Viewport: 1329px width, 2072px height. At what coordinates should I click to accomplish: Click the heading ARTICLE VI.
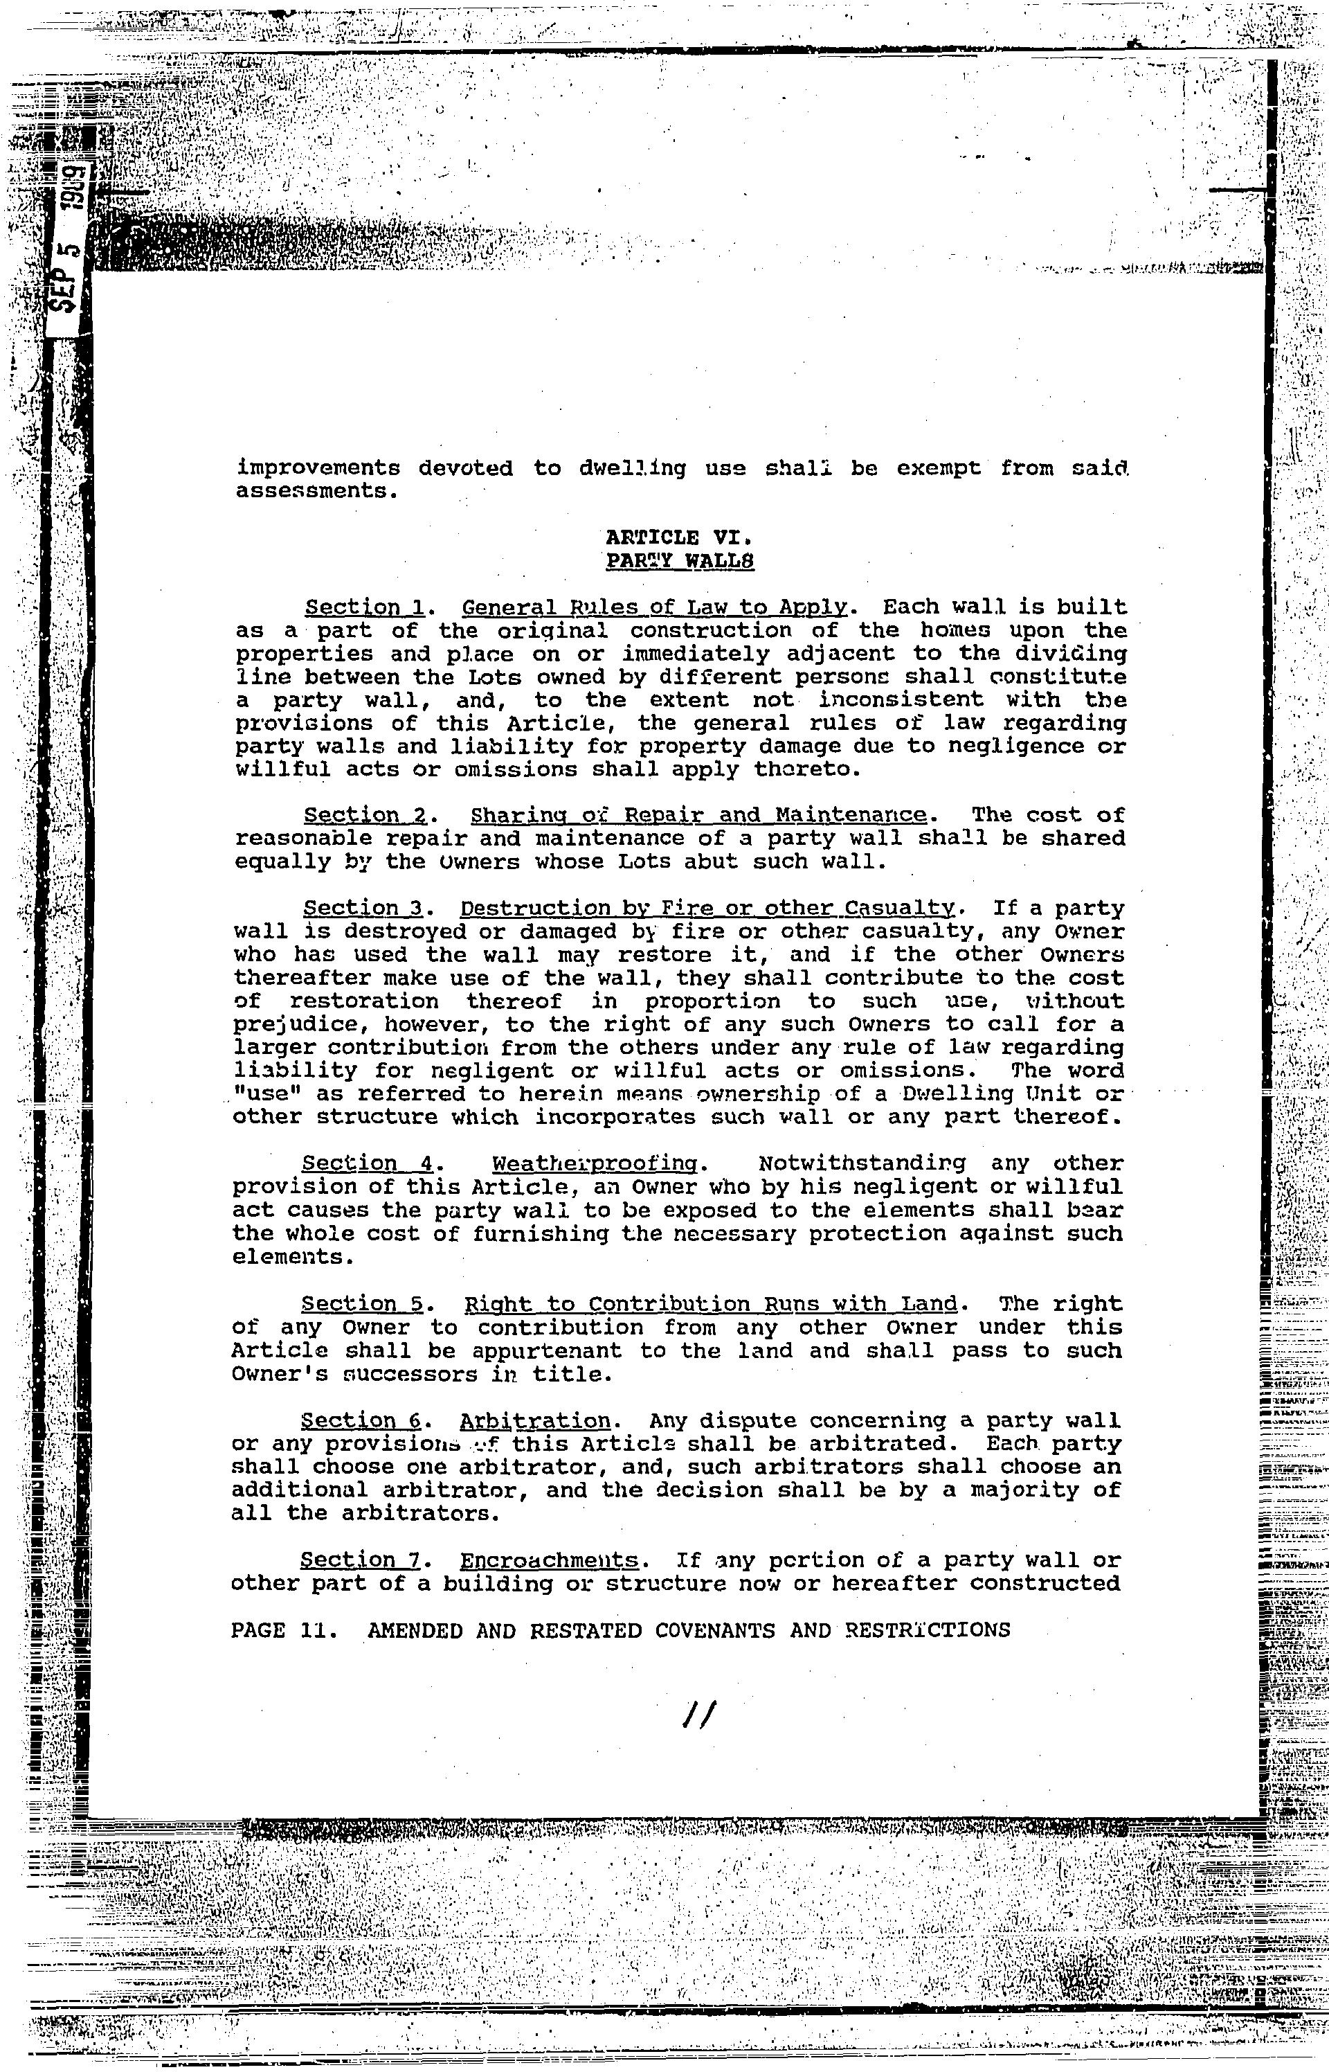click(x=681, y=537)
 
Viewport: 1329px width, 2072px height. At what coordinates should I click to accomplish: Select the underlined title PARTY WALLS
click(x=681, y=561)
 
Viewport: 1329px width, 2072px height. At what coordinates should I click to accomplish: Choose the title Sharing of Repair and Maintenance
click(x=699, y=815)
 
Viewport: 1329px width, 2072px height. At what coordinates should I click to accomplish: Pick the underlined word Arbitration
click(x=535, y=1420)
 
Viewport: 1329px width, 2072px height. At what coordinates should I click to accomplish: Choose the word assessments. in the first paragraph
click(x=317, y=491)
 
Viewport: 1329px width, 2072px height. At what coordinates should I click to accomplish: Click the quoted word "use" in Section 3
click(x=258, y=1094)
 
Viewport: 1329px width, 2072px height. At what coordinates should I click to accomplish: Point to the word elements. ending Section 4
click(x=293, y=1257)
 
